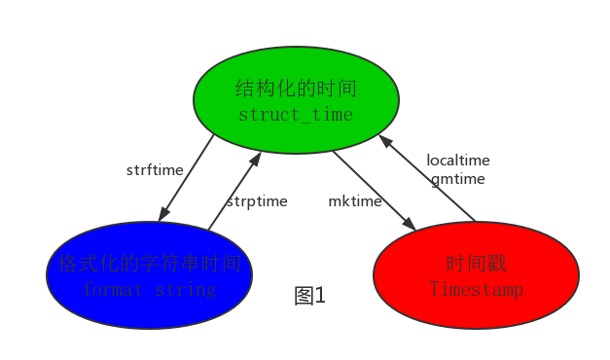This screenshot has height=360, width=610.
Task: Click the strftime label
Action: pyautogui.click(x=155, y=170)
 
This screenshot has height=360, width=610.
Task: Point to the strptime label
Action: pyautogui.click(x=257, y=201)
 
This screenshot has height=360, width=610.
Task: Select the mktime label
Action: pyautogui.click(x=354, y=201)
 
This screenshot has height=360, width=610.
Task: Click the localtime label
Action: pyautogui.click(x=458, y=161)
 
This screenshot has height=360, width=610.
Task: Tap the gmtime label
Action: pyautogui.click(x=458, y=179)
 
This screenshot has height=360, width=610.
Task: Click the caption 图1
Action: pyautogui.click(x=310, y=296)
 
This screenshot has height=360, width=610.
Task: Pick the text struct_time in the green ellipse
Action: pyautogui.click(x=296, y=115)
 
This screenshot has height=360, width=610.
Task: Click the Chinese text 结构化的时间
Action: pyautogui.click(x=296, y=90)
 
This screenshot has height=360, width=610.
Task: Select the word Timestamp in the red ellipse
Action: pyautogui.click(x=476, y=289)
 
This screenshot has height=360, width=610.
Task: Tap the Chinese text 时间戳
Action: pyautogui.click(x=476, y=264)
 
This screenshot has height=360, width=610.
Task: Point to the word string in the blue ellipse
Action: pyautogui.click(x=185, y=289)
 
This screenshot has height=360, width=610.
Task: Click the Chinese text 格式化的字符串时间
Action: pyautogui.click(x=149, y=264)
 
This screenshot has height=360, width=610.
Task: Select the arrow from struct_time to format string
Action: pyautogui.click(x=187, y=178)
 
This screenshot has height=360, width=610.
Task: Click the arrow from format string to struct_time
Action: pyautogui.click(x=234, y=191)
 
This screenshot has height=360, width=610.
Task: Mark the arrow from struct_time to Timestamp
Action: pyautogui.click(x=375, y=191)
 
